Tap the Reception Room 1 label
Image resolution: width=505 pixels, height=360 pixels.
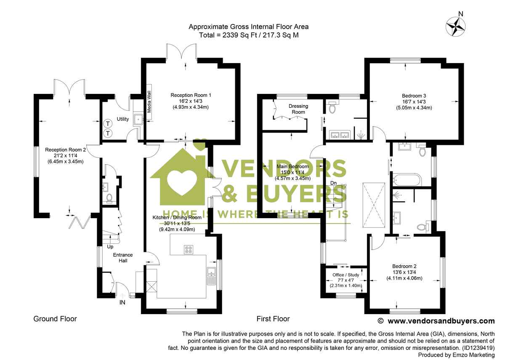191,95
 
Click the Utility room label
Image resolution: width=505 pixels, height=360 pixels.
123,119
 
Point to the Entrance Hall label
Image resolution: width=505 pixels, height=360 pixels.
122,258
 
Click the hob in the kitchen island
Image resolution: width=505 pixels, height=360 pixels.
189,249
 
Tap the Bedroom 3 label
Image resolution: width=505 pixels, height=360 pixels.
414,95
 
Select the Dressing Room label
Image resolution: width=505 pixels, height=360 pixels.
298,109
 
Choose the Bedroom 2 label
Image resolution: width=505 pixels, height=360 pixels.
404,266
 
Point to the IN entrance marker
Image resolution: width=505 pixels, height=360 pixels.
122,302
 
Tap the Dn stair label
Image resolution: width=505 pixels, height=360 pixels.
333,183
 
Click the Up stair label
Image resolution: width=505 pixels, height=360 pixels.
110,246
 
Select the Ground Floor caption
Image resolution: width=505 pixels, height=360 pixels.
55,319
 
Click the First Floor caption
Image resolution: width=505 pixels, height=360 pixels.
273,319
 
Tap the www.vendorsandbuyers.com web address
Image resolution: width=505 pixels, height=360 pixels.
441,321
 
